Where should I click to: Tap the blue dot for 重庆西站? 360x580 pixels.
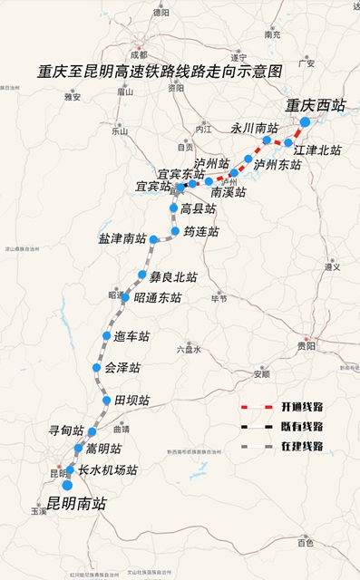tap(305, 121)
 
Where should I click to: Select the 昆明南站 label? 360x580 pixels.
tap(76, 503)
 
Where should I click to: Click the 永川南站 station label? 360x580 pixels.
tap(254, 129)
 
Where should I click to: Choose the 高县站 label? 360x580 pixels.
tap(199, 208)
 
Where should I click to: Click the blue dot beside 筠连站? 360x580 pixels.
tap(175, 231)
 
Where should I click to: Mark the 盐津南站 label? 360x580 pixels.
tap(122, 239)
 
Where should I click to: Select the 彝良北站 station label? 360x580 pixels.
tap(173, 276)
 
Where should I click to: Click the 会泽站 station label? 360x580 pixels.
tap(122, 368)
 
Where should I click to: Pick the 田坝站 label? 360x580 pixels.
tap(132, 400)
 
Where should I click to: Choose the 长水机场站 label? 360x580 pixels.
tap(108, 470)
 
